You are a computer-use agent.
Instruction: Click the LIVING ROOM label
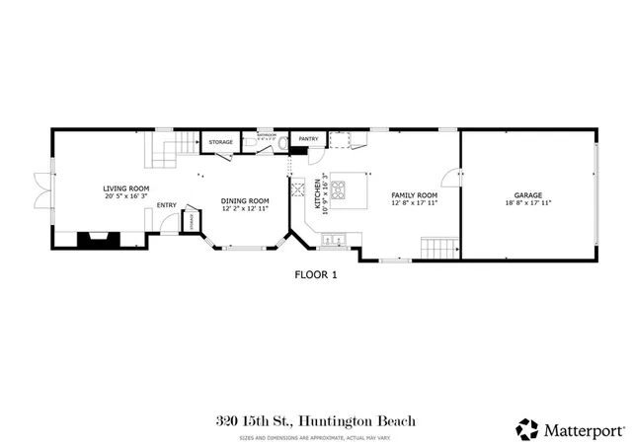tap(126, 187)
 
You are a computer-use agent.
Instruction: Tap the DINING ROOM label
tap(245, 200)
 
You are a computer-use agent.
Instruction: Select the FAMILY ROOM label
tap(414, 195)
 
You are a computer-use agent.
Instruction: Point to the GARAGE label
tap(528, 195)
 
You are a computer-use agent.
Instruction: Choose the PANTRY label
tap(308, 139)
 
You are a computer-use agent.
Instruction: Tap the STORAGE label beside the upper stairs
tap(220, 142)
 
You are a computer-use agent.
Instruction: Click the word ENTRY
tap(166, 205)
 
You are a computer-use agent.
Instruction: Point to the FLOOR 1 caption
tap(316, 275)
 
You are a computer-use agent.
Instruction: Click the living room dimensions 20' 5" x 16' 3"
tap(126, 195)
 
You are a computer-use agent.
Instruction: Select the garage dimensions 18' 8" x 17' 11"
tap(528, 203)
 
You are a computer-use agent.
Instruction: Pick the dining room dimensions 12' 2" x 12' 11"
tap(245, 208)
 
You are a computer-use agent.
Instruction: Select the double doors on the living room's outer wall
tap(39, 187)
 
